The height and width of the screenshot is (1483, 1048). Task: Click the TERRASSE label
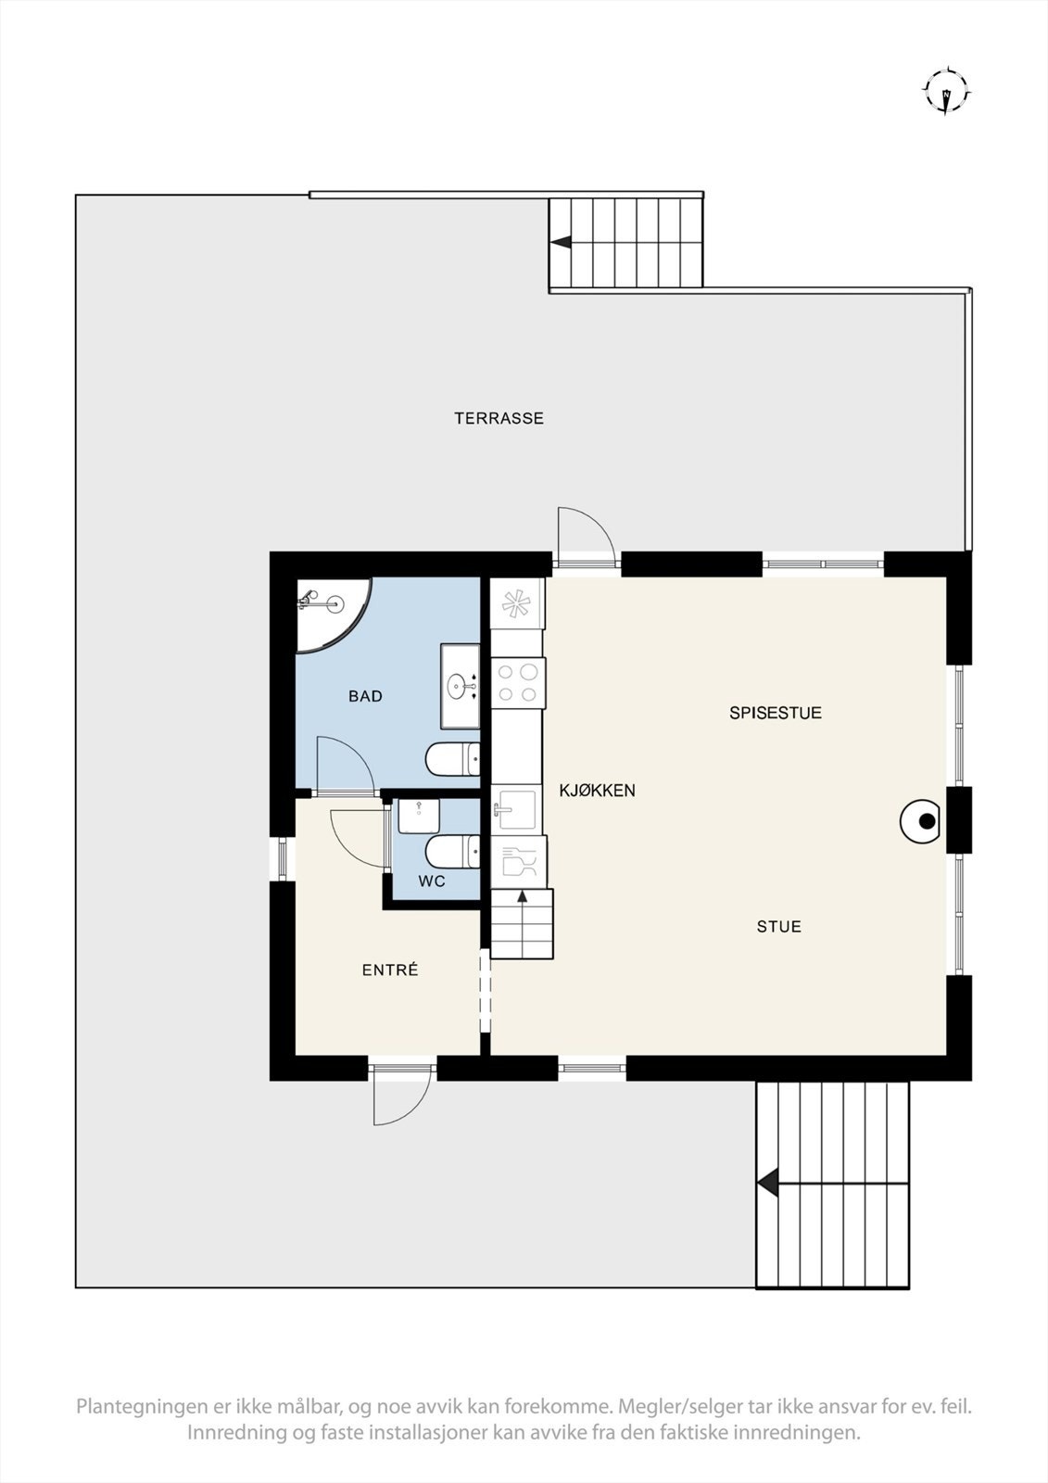coord(499,418)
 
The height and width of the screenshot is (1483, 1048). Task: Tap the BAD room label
coord(365,696)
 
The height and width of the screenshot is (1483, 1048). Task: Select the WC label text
coord(432,881)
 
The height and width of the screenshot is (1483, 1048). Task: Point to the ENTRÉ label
coord(390,970)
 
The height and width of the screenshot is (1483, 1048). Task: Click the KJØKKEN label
coord(597,791)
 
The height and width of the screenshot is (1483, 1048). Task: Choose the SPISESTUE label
coord(776,713)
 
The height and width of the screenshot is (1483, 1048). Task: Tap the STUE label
coord(778,926)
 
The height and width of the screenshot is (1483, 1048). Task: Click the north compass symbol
coord(946,91)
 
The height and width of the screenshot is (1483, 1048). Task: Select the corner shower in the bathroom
coord(326,611)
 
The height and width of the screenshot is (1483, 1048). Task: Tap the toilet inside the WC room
coord(452,850)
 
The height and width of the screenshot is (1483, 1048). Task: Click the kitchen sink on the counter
coord(514,810)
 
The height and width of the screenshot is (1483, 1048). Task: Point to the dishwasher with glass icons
coord(517,862)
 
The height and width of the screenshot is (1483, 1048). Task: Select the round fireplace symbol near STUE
coord(922,820)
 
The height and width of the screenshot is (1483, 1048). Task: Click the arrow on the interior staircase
coord(522,896)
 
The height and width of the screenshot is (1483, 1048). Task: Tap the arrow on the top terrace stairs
coord(561,242)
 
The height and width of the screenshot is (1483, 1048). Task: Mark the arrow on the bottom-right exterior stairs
coord(766,1184)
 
